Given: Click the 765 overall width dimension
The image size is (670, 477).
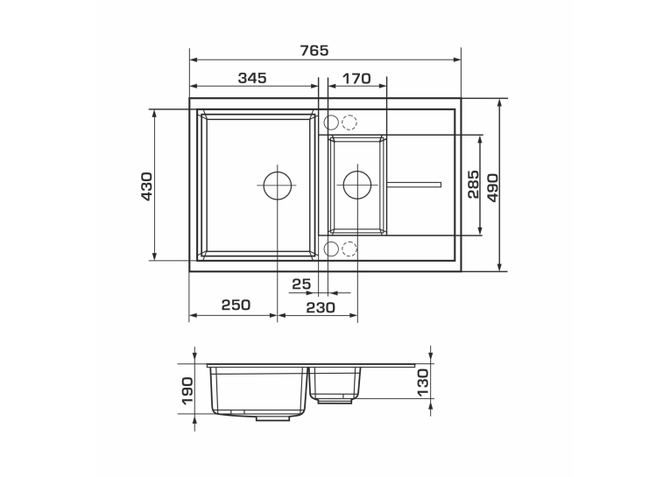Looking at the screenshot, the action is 314,51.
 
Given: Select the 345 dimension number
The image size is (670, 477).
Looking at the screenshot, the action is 252,78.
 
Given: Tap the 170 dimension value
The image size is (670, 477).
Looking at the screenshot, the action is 356,78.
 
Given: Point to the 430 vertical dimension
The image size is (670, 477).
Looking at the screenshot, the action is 146,186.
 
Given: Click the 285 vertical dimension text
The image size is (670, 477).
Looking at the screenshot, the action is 474,185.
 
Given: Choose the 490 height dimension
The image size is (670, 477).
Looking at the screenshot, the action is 492,187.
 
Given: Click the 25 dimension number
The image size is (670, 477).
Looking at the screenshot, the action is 301,284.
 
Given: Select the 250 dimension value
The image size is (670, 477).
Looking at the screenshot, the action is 236,305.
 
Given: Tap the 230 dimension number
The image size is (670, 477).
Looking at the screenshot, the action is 321,307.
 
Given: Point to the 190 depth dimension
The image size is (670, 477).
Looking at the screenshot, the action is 187,389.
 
